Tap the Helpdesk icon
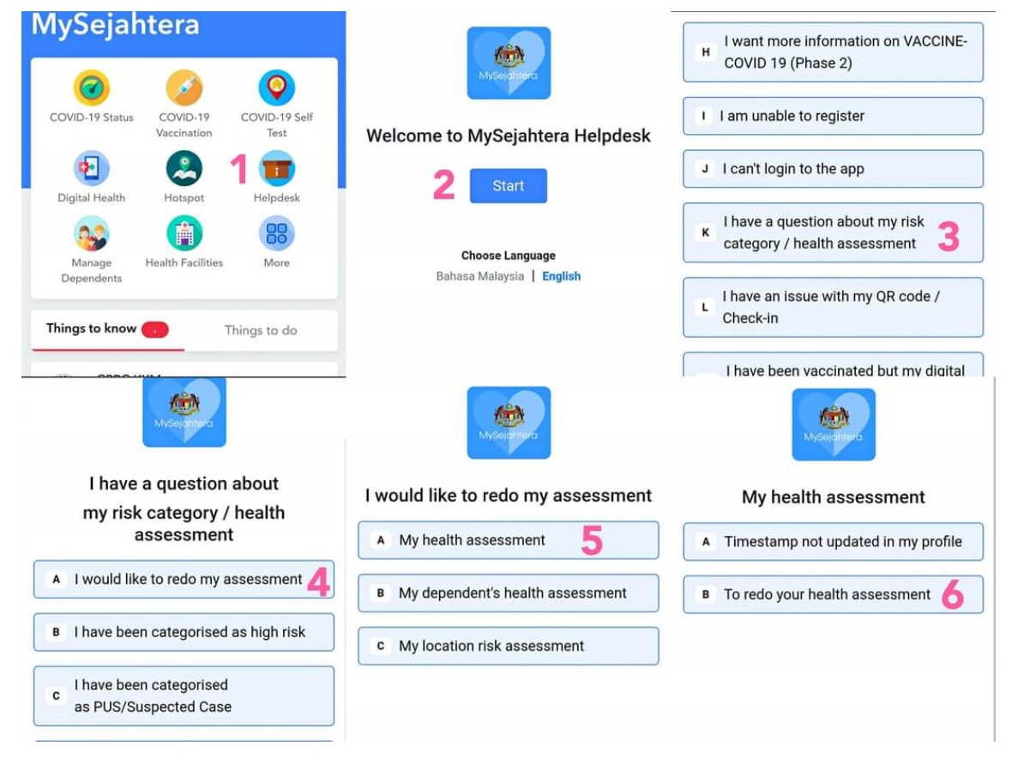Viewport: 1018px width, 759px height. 276,169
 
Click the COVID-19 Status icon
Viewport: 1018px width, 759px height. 91,87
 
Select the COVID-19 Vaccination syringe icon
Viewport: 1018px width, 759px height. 184,87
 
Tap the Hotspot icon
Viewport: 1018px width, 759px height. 184,169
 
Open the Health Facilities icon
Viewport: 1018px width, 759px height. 184,233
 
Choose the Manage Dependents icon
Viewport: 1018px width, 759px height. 91,233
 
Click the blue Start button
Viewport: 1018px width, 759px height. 508,186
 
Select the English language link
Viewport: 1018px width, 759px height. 561,276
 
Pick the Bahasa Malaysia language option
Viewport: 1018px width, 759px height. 479,276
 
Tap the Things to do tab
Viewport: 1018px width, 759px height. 261,330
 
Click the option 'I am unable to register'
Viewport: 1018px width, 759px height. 833,116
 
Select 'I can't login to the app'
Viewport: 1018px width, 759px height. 833,169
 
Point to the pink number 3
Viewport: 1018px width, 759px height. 948,238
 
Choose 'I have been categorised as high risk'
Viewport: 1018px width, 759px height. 184,632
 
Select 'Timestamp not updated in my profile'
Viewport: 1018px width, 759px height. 833,541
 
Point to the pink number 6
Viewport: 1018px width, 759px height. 952,595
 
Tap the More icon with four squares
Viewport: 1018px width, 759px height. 276,233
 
